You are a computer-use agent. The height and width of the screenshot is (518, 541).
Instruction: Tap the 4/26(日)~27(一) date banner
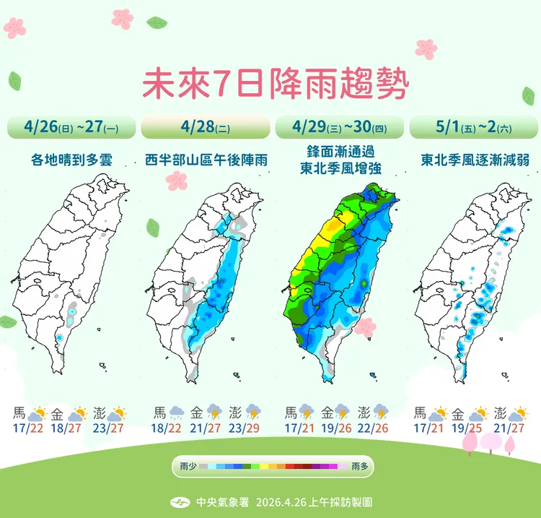pos(71,127)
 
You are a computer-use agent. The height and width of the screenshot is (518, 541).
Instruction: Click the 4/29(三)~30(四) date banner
pos(338,127)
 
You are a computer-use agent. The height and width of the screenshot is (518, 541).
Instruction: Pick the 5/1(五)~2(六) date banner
pos(473,127)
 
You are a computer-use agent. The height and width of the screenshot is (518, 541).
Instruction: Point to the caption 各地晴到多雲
pos(71,160)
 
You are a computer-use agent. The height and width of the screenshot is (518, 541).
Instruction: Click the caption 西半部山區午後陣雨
pos(206,160)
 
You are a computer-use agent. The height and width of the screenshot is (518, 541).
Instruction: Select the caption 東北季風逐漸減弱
pos(475,160)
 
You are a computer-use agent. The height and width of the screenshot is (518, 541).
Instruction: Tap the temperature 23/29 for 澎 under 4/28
pos(245,428)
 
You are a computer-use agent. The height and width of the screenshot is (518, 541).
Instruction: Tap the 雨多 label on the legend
pos(359,467)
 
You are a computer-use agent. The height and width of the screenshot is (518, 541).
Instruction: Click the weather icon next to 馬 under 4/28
pos(176,413)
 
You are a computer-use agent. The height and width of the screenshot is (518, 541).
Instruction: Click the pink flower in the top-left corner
pos(14,27)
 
